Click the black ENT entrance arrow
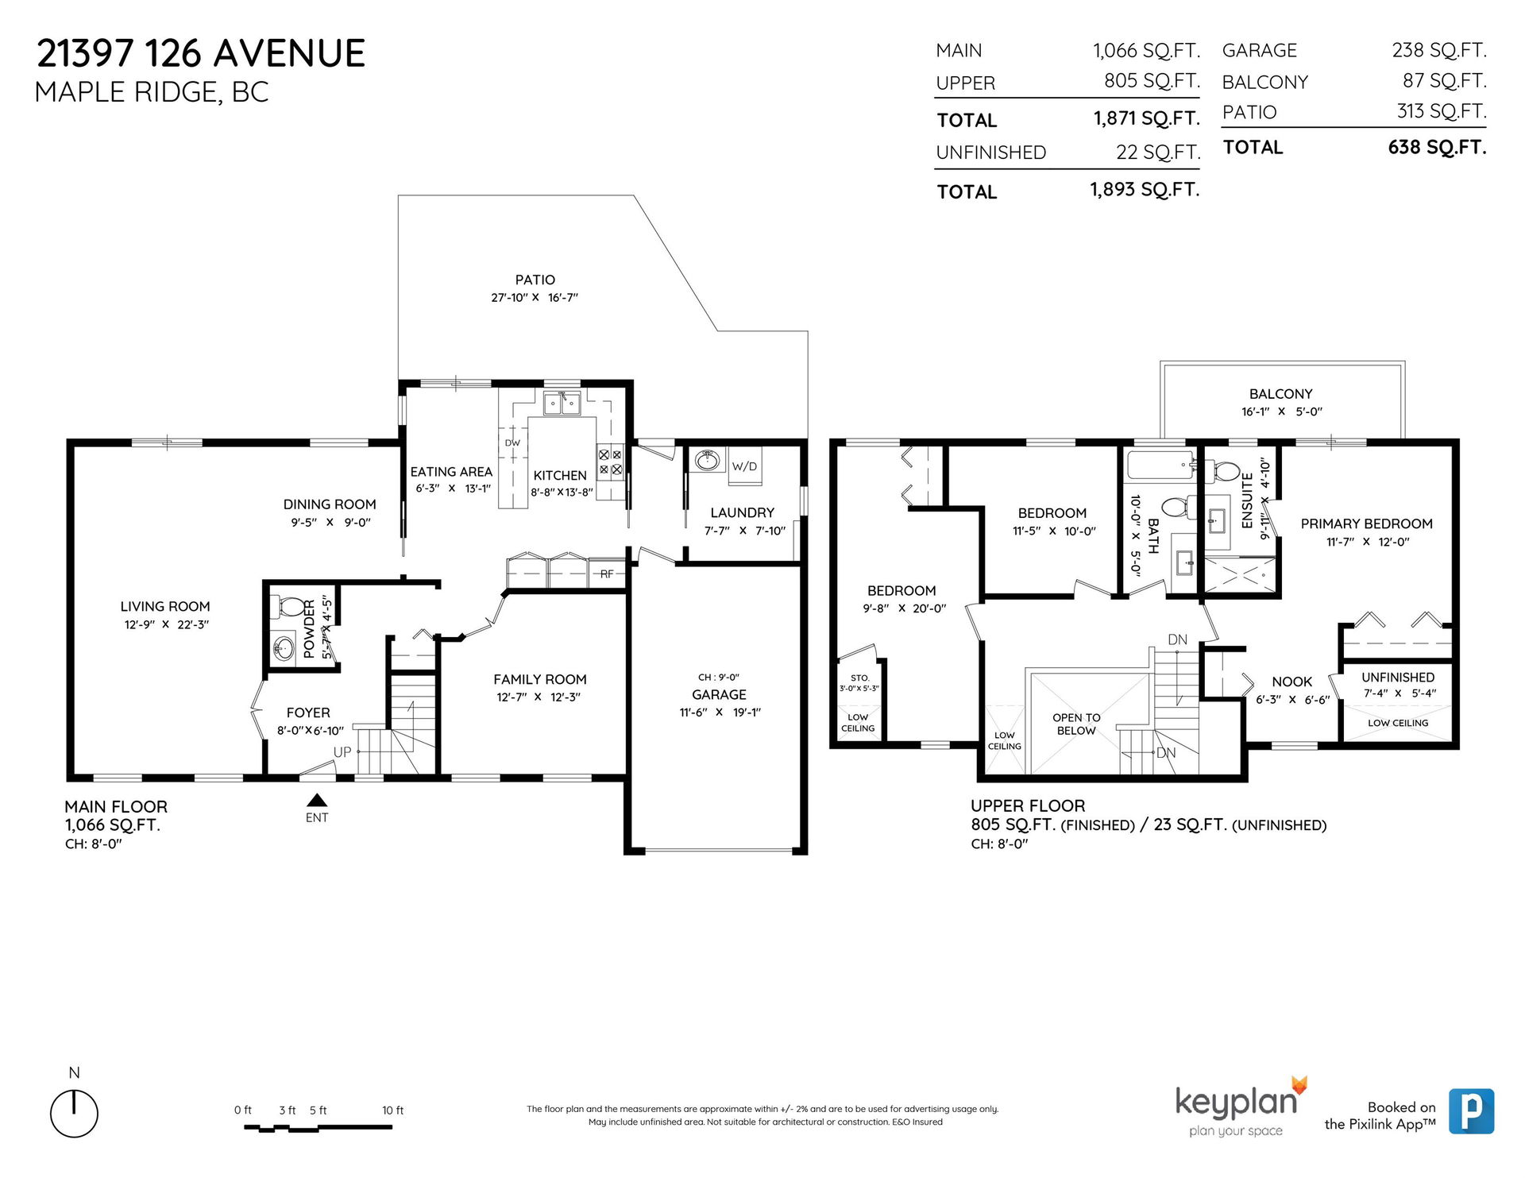point(317,800)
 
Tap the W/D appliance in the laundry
point(745,466)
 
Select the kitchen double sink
point(562,404)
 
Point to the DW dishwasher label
point(512,443)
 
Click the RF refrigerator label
point(607,574)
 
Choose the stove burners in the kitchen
point(610,462)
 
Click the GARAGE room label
point(719,694)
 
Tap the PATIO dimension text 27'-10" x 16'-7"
point(535,298)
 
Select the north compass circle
point(74,1113)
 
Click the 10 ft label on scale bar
point(392,1110)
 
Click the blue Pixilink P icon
point(1471,1111)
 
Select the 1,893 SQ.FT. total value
point(1145,190)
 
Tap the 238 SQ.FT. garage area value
point(1438,50)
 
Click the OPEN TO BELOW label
point(1076,724)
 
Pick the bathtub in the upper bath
point(1160,465)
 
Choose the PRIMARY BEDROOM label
point(1366,523)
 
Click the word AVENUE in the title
point(290,54)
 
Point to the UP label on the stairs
point(342,751)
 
